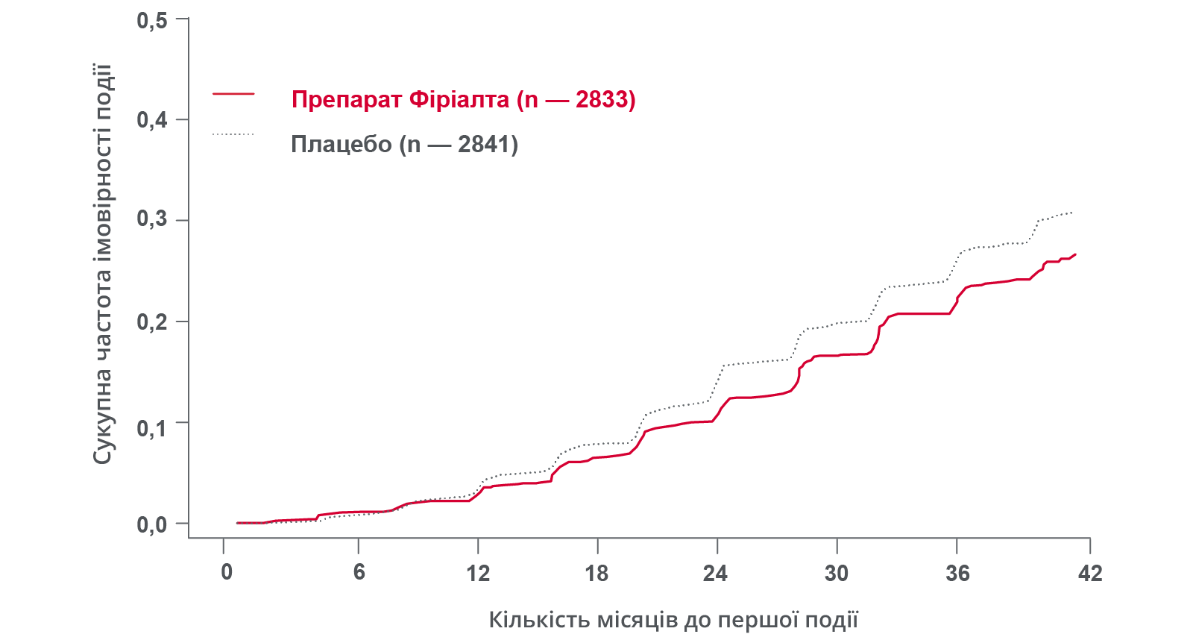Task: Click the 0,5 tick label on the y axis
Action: (151, 20)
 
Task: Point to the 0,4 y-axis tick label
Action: (151, 120)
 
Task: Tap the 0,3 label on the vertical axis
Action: (151, 219)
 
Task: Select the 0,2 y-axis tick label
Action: (151, 321)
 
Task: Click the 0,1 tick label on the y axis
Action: (151, 428)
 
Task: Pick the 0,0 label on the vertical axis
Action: (151, 524)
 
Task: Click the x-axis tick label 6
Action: (359, 573)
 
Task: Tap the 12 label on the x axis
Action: (478, 573)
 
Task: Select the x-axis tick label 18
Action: (596, 573)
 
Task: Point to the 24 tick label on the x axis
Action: (715, 573)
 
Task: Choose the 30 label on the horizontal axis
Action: (836, 573)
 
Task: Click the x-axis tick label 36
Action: (957, 573)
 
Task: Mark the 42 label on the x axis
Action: (1089, 573)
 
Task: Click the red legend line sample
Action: (233, 94)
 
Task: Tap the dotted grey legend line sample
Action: (233, 134)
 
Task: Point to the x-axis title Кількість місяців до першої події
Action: (673, 619)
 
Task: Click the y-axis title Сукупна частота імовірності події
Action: (102, 264)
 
